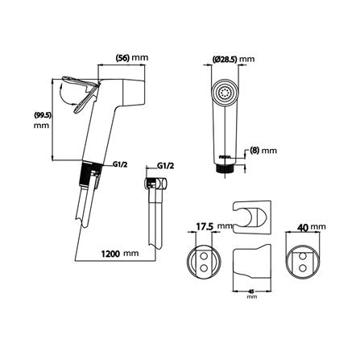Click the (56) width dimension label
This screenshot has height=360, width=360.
[122, 57]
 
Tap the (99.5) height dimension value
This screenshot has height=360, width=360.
[42, 115]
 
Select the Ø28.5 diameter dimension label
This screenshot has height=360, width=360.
[225, 60]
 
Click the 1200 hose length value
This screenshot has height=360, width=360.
[110, 254]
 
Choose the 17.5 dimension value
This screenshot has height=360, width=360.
[205, 227]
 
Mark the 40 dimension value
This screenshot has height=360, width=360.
[303, 227]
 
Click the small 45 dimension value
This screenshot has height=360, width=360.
[251, 291]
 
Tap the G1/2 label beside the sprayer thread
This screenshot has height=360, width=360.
[119, 165]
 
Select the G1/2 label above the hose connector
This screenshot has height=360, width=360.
[165, 166]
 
